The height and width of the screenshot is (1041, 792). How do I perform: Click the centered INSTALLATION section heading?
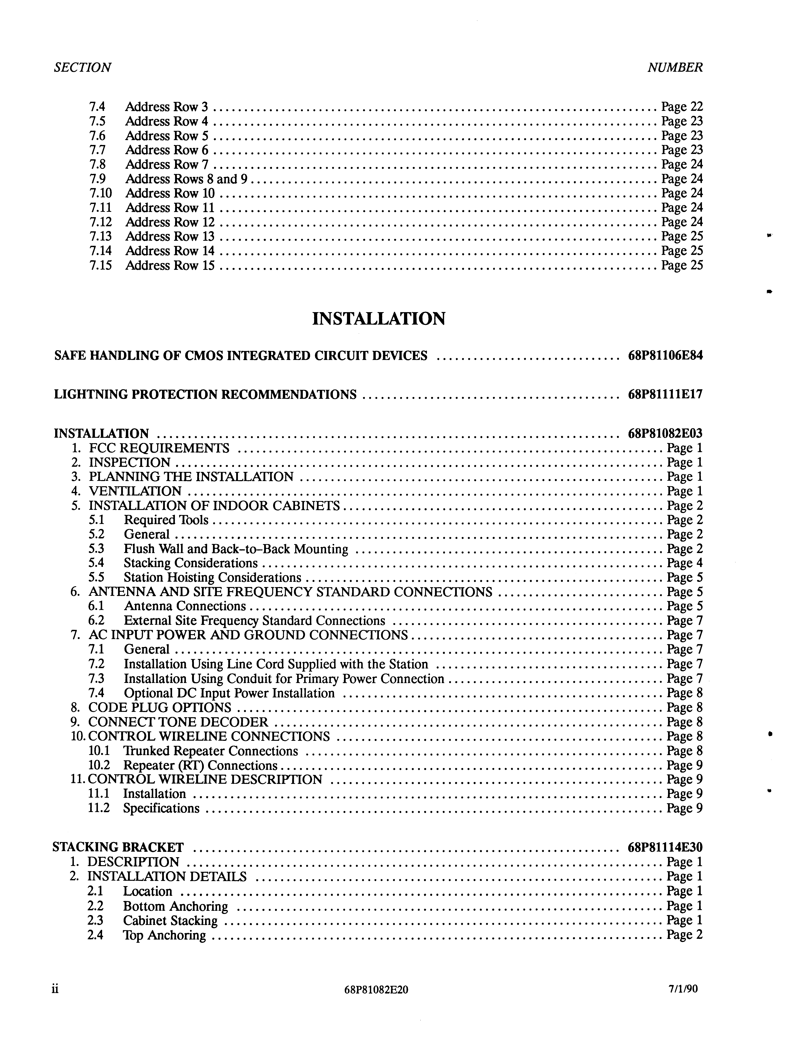pyautogui.click(x=379, y=319)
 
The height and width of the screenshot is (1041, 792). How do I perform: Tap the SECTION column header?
pyautogui.click(x=82, y=67)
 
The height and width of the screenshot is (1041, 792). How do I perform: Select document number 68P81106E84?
pyautogui.click(x=665, y=355)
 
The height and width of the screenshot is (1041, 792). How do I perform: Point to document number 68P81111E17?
pyautogui.click(x=665, y=394)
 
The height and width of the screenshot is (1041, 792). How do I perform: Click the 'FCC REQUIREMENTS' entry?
pyautogui.click(x=159, y=448)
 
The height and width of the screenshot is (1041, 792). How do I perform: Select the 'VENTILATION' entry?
pyautogui.click(x=135, y=491)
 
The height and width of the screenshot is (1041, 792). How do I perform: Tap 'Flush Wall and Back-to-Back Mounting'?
pyautogui.click(x=236, y=548)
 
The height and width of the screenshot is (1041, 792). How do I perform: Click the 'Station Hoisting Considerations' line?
pyautogui.click(x=212, y=577)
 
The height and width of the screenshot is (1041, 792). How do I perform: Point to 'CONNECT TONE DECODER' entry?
pyautogui.click(x=178, y=722)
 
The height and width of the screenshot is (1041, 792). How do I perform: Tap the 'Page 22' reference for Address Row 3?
pyautogui.click(x=682, y=107)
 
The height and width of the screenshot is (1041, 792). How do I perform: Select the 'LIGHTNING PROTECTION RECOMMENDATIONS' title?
pyautogui.click(x=206, y=394)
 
